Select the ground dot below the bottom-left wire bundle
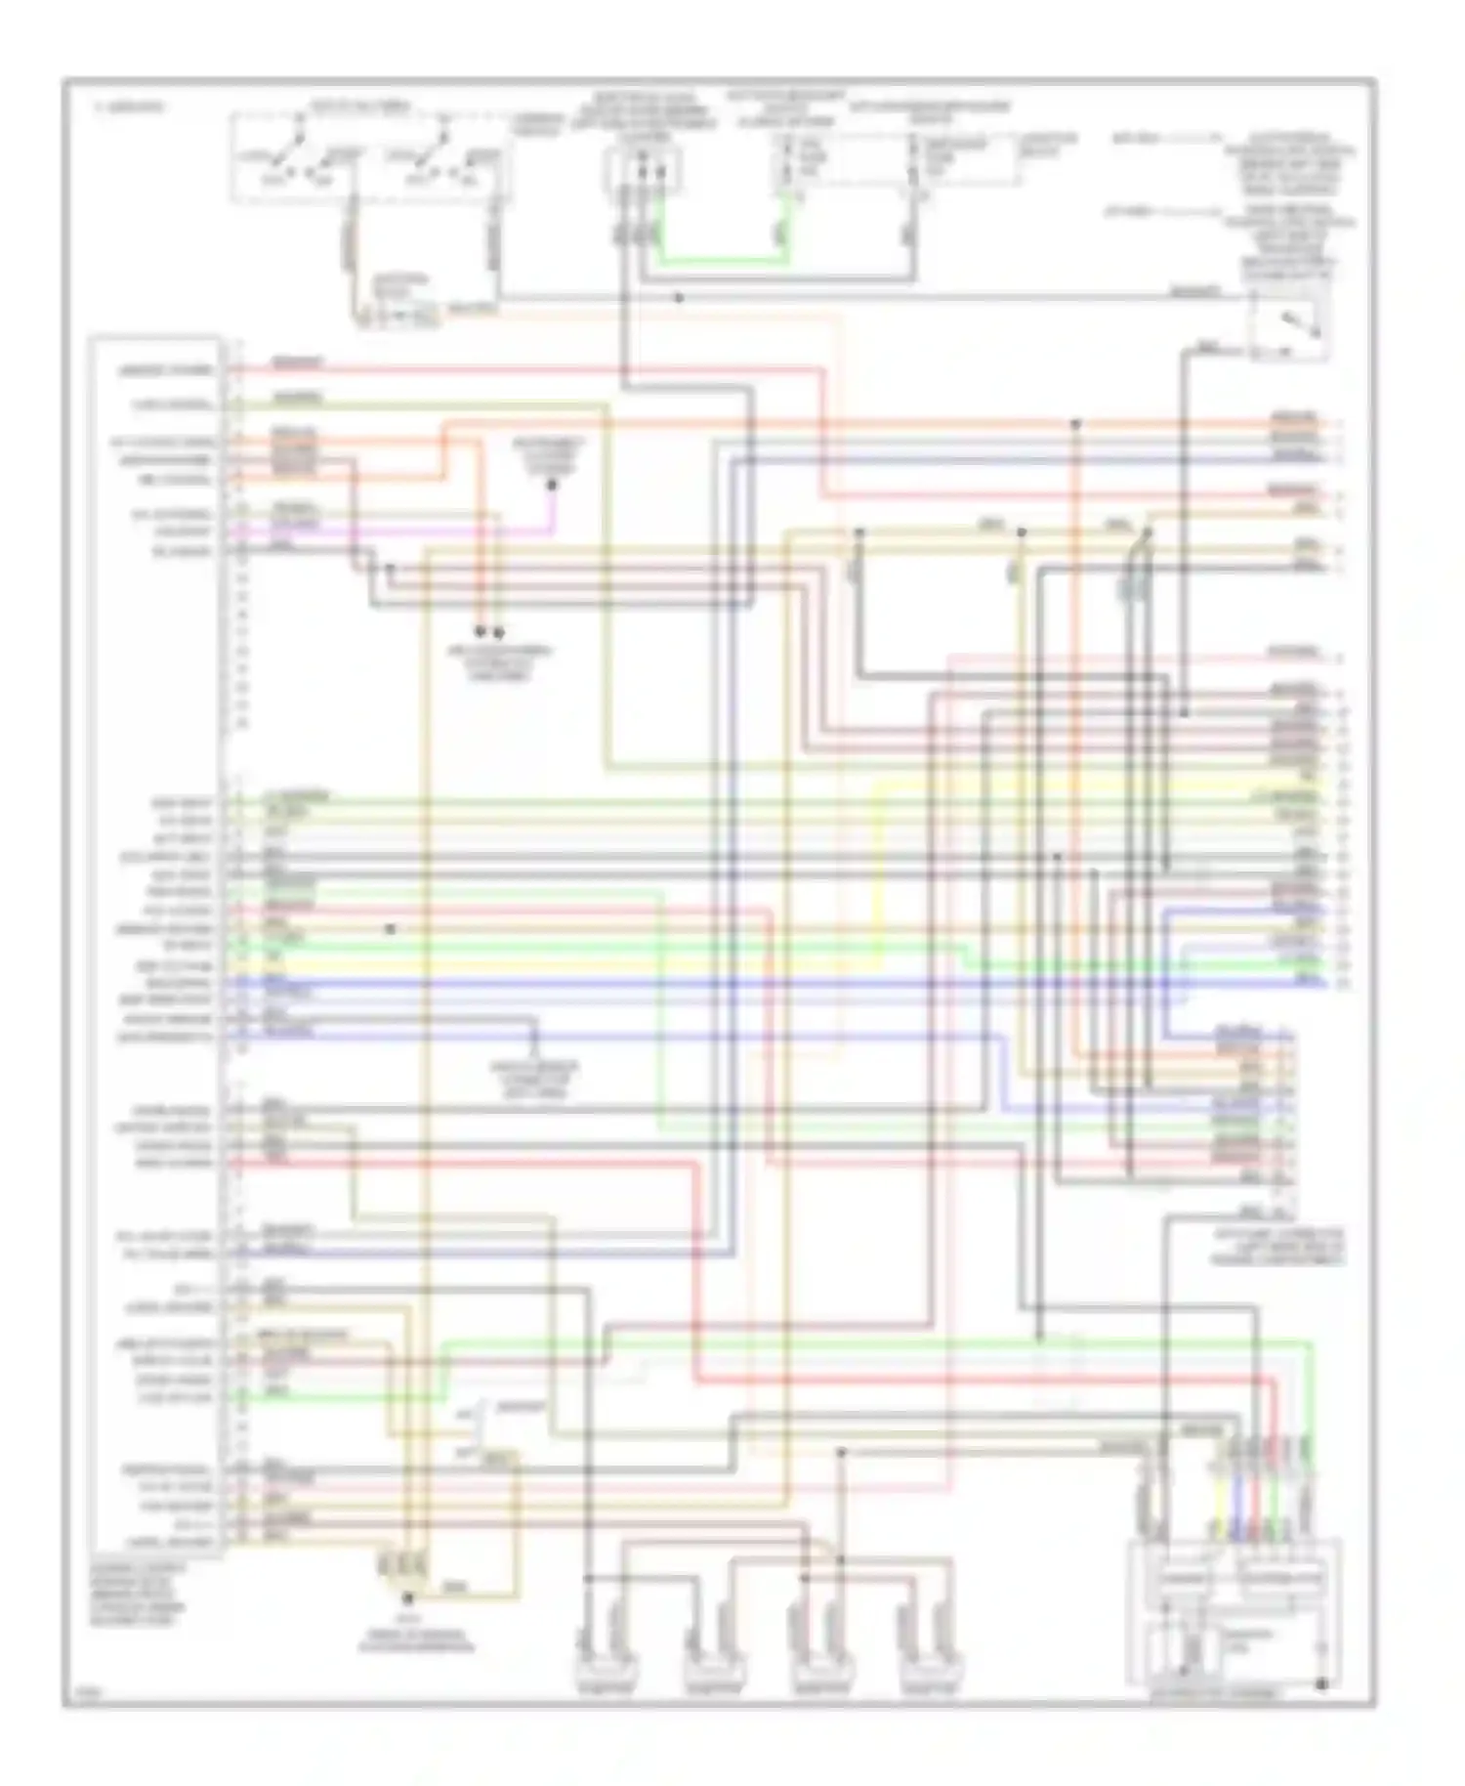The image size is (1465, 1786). (408, 1598)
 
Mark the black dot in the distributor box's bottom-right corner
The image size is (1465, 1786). (1321, 1683)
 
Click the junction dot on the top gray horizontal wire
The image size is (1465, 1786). (679, 297)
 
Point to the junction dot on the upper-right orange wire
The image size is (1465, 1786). (1075, 424)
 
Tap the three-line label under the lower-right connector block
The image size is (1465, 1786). (1278, 1248)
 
